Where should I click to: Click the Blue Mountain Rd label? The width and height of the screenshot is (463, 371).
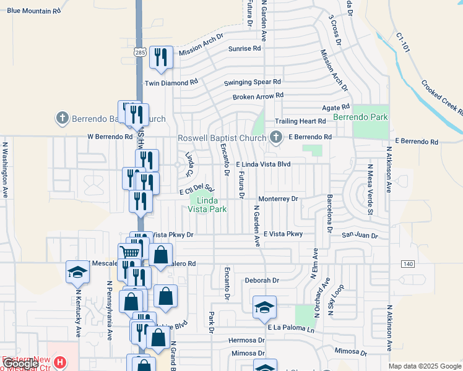[x=34, y=11]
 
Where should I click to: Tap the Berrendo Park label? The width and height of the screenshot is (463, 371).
[x=360, y=117]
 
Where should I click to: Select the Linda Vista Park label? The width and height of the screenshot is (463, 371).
[x=207, y=205]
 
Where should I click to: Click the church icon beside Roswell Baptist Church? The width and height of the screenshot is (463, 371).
[x=276, y=137]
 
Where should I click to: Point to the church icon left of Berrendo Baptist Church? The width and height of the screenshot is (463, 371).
[x=62, y=117]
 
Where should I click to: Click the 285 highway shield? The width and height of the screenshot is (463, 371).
[x=139, y=53]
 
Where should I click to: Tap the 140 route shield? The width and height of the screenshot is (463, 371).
[x=408, y=264]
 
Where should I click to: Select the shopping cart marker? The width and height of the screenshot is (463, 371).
[x=129, y=252]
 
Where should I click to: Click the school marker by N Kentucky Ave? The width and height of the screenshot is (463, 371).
[x=77, y=271]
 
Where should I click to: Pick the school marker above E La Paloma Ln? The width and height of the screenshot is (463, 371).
[x=264, y=306]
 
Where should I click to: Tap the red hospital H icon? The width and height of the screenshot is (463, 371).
[x=59, y=362]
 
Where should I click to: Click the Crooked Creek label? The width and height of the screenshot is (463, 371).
[x=443, y=97]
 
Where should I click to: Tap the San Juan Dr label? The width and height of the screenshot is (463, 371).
[x=360, y=235]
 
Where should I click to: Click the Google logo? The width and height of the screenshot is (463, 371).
[x=20, y=364]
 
